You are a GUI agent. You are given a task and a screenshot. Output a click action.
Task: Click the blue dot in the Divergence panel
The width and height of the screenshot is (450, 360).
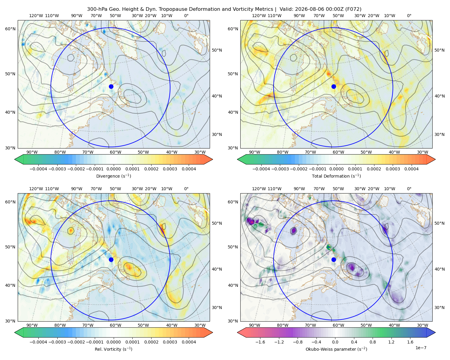tap(111, 87)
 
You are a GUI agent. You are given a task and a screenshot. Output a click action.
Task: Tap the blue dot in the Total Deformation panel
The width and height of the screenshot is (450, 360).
tap(334, 87)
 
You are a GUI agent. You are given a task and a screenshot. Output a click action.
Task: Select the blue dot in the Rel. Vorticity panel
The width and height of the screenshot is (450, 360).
tap(111, 259)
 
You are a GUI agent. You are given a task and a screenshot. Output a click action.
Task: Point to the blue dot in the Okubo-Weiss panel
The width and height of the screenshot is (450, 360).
tap(334, 259)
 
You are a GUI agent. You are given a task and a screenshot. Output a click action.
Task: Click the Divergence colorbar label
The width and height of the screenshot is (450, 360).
tap(113, 176)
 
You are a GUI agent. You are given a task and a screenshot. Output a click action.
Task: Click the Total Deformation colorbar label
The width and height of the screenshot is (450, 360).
tap(336, 176)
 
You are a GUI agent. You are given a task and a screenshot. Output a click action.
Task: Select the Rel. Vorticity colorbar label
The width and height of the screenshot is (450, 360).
tap(113, 349)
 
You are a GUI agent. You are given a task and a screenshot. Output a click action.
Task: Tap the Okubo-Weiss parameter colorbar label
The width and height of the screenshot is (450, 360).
tap(336, 349)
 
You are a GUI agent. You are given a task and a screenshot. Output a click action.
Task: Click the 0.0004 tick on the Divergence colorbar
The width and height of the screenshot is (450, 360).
tap(189, 169)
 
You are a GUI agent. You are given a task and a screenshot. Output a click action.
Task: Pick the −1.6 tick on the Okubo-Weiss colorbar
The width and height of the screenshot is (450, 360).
tap(260, 342)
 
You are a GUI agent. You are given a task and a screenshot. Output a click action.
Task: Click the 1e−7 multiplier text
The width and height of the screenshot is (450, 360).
tap(421, 348)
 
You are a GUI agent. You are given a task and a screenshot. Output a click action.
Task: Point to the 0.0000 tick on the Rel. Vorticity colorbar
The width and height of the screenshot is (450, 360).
tap(113, 342)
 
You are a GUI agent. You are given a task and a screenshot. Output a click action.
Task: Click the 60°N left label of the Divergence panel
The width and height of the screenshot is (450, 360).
tap(10, 29)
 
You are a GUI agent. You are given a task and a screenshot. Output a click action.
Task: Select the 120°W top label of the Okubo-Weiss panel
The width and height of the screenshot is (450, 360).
tap(259, 189)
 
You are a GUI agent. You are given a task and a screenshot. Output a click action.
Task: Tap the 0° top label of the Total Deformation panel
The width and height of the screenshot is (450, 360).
tap(409, 16)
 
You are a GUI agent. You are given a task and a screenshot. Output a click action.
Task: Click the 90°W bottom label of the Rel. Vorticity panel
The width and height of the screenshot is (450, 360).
tap(32, 325)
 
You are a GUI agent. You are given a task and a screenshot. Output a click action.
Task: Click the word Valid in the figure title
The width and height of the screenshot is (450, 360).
tap(285, 9)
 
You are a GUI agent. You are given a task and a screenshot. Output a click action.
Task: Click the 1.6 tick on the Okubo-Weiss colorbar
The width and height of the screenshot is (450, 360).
tap(410, 342)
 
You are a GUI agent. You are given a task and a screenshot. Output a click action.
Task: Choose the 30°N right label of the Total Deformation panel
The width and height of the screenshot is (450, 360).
tap(439, 134)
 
